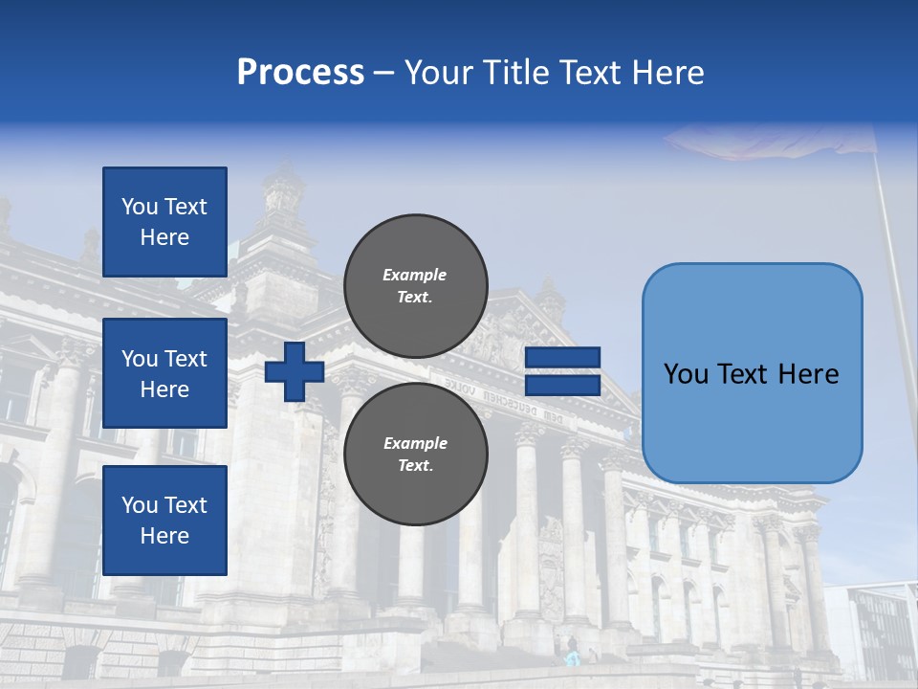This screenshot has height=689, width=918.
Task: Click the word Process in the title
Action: (300, 73)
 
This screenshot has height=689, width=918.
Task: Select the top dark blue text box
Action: (164, 222)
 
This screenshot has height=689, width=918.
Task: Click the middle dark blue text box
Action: (164, 373)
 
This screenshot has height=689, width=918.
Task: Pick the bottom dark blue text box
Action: (164, 520)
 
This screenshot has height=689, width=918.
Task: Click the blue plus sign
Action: (295, 371)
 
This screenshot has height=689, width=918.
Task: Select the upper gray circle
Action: (416, 285)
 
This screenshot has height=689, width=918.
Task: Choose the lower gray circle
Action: (416, 454)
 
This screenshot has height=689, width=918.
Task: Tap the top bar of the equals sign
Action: (562, 358)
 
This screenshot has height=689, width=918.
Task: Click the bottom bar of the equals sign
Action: (562, 385)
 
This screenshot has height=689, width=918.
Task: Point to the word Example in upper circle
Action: (415, 275)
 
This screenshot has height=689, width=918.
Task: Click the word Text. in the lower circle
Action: (415, 466)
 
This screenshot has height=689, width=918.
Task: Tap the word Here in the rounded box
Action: (807, 374)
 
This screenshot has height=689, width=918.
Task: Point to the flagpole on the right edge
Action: (895, 287)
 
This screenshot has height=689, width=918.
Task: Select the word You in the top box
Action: (139, 207)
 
